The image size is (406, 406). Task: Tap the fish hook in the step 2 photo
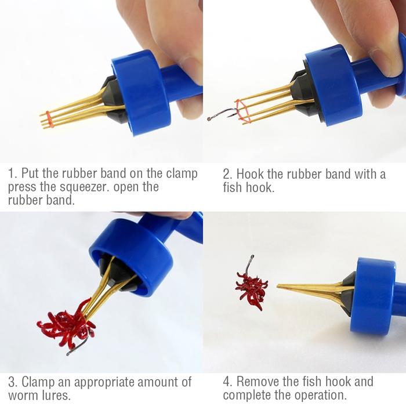(223, 114)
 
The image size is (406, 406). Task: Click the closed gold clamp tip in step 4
(278, 286)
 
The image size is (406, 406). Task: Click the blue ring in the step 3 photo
(135, 256)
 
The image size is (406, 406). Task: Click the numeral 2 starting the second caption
(227, 174)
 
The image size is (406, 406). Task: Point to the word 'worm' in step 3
(23, 396)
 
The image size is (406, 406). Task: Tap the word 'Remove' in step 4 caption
(258, 382)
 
